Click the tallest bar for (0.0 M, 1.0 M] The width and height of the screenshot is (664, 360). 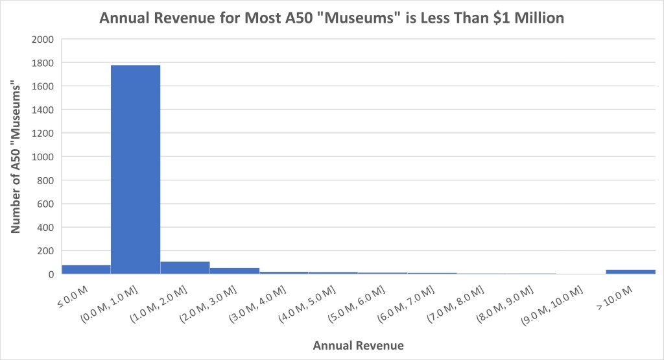point(136,169)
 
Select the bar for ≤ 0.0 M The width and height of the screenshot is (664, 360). point(86,269)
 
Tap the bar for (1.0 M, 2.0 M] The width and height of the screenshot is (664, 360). point(185,267)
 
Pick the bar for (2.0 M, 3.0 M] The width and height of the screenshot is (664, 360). point(235,270)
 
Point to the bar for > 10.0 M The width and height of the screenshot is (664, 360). point(630,272)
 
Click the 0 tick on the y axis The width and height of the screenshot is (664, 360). point(49,274)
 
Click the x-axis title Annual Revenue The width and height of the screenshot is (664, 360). point(358,346)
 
